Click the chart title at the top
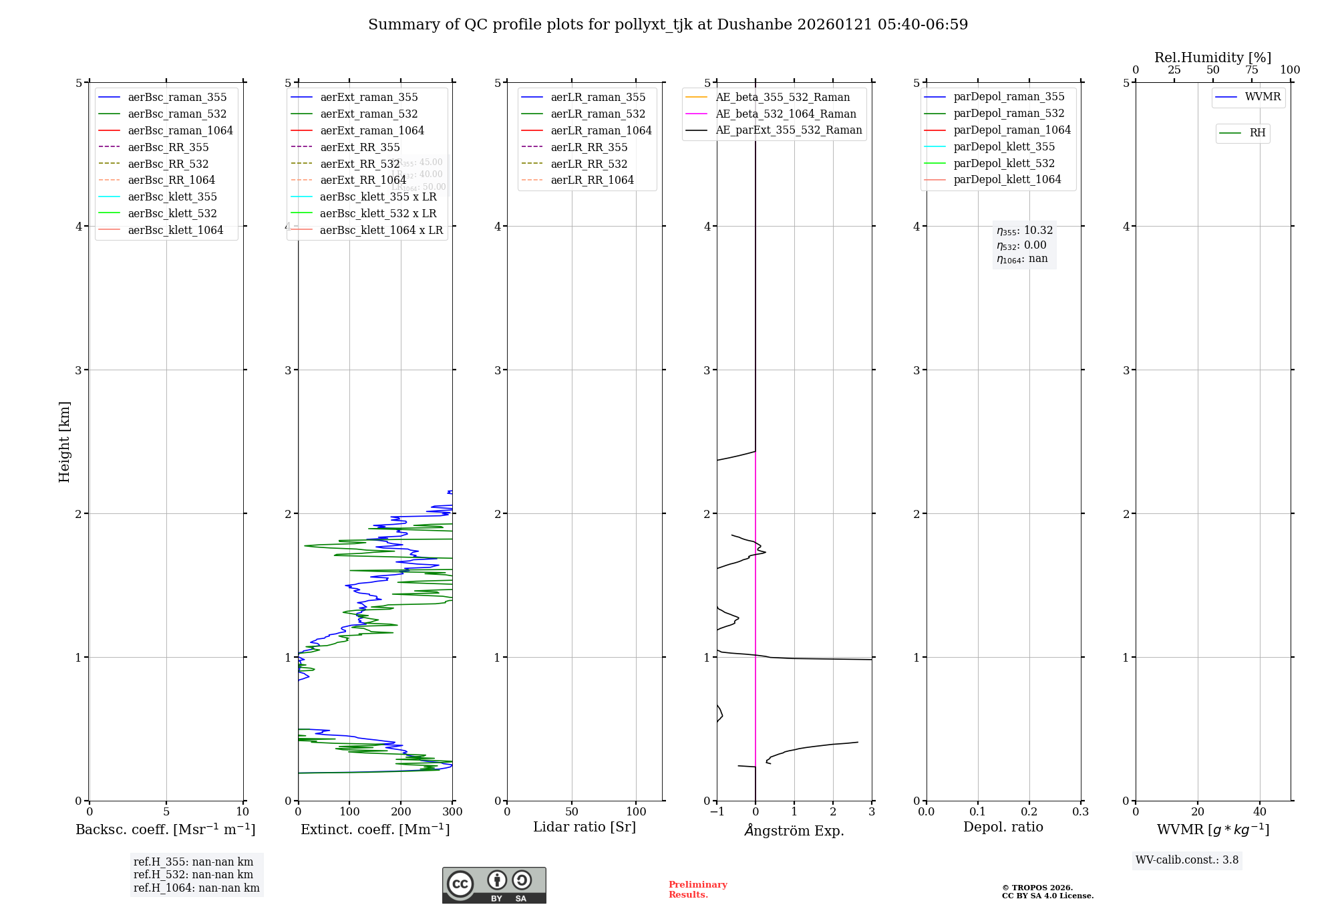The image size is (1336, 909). [668, 25]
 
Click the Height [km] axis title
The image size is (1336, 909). [64, 442]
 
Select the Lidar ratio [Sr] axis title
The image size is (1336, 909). [584, 827]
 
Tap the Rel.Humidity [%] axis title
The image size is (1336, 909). [1212, 57]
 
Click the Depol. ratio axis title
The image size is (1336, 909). [1003, 827]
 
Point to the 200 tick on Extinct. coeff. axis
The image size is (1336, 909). [401, 812]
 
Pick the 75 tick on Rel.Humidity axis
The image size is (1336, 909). [1251, 70]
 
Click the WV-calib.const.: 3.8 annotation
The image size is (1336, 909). [1186, 860]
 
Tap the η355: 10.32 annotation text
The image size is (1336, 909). [1025, 231]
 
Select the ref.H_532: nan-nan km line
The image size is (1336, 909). [193, 874]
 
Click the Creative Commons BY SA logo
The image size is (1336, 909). [494, 885]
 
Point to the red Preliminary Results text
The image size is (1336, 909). [697, 890]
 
